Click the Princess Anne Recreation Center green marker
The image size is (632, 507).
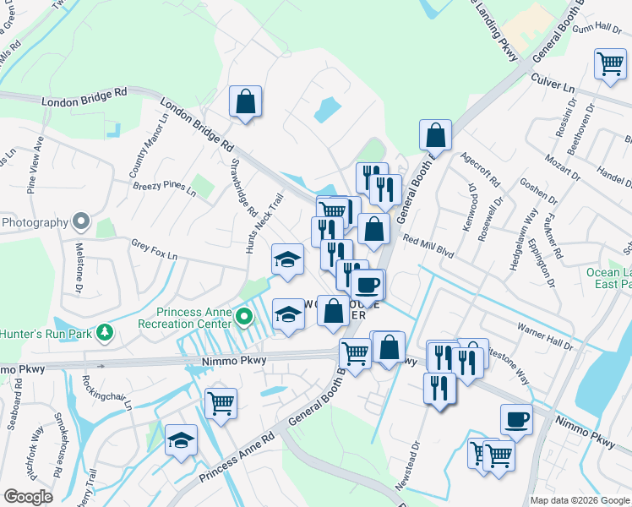(245, 318)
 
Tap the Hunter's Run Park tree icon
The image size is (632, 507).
(105, 331)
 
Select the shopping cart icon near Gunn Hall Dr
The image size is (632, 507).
(610, 63)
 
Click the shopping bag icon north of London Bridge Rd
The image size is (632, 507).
(245, 101)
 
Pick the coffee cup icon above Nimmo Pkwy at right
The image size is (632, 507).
(516, 418)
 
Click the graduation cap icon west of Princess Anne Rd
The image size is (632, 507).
(181, 440)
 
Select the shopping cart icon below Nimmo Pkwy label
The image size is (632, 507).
(221, 403)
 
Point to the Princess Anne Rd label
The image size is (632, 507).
(237, 460)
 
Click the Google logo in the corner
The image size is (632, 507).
(28, 497)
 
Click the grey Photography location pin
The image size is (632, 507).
(81, 222)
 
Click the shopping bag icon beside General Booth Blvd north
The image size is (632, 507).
(435, 134)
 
